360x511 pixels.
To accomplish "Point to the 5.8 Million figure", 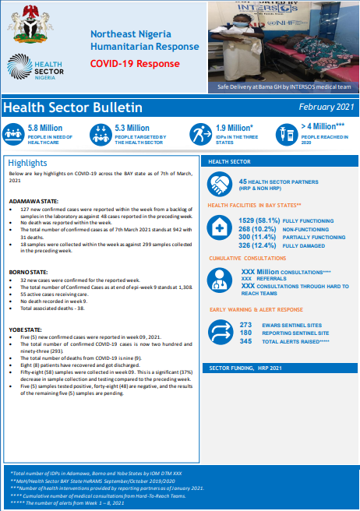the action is tap(44, 127).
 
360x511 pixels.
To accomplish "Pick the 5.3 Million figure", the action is tap(132, 127).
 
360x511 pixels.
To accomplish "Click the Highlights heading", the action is tap(28, 163).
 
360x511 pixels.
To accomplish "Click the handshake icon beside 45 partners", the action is tap(217, 185).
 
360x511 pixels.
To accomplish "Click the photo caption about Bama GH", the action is tap(284, 88).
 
